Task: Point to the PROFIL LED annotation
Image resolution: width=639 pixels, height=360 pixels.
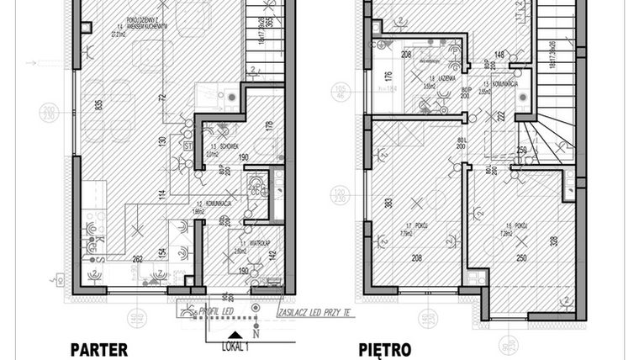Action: click(214, 311)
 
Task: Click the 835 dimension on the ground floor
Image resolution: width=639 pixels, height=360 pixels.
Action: click(77, 105)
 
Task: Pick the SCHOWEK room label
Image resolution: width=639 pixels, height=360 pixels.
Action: click(218, 144)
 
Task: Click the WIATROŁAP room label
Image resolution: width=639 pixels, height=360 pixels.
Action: click(250, 241)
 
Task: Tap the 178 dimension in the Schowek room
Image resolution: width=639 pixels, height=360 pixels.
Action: click(269, 127)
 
